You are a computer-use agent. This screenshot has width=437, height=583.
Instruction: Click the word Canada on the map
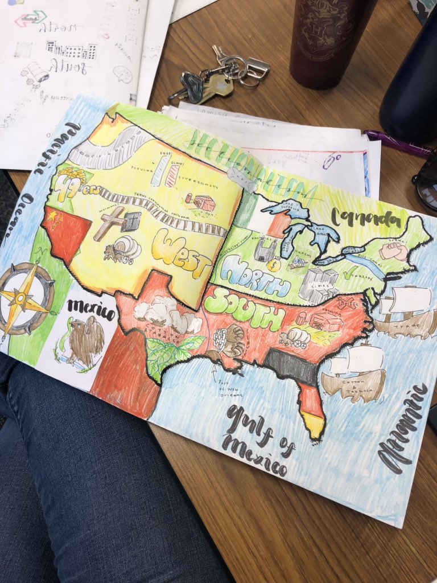[369, 217]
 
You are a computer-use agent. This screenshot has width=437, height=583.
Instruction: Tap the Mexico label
[90, 310]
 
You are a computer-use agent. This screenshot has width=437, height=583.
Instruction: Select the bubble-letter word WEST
[181, 252]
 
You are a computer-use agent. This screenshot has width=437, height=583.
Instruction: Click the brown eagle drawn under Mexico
[85, 342]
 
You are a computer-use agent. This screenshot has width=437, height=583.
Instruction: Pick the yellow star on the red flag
[53, 216]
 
